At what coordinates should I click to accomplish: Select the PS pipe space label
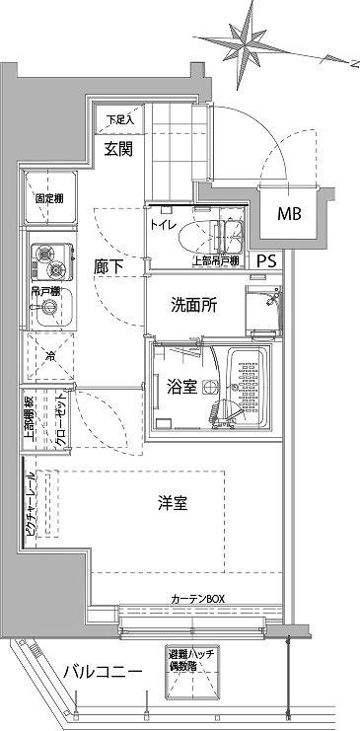coord(267,261)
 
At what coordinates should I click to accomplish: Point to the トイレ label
coord(163,225)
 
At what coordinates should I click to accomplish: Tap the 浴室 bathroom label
coord(180,388)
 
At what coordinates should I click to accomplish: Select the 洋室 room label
coord(173,504)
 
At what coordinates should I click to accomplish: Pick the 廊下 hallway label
coord(108,265)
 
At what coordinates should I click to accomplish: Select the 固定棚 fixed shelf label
coord(48,198)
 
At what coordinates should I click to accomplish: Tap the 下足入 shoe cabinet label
coord(121,120)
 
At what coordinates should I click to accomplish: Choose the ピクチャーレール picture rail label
coord(31,512)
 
